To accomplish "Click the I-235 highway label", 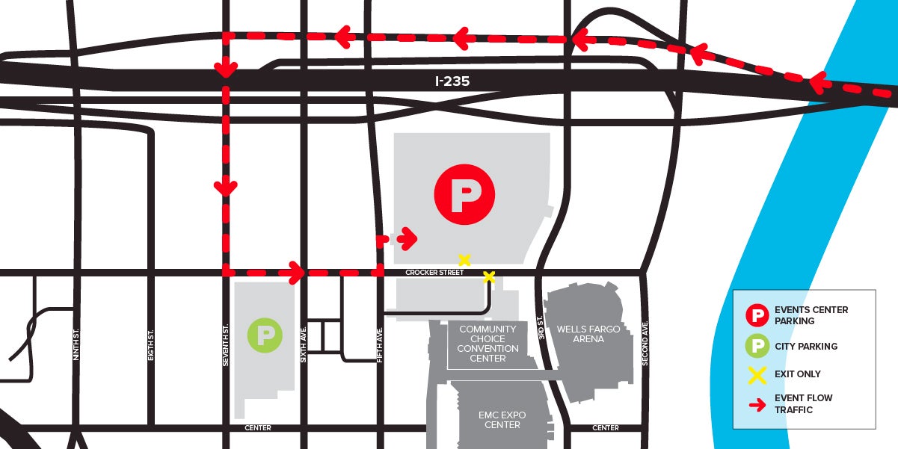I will coord(452,81).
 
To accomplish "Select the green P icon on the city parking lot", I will coord(265,335).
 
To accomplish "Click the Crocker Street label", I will coord(434,273).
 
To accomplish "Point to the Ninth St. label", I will coord(76,346).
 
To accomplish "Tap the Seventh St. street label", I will coord(225,344).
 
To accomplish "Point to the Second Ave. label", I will coord(645,343).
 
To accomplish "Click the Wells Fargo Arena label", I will coord(588,334).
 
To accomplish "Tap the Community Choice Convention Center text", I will coord(488,344).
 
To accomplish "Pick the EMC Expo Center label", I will coord(502,420).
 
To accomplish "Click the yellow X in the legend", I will coord(757,374).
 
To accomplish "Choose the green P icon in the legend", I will coord(757,346).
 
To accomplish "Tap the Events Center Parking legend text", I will coord(811,315).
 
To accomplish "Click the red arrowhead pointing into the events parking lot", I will coord(408,239).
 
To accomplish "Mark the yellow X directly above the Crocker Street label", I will coord(464,260).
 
